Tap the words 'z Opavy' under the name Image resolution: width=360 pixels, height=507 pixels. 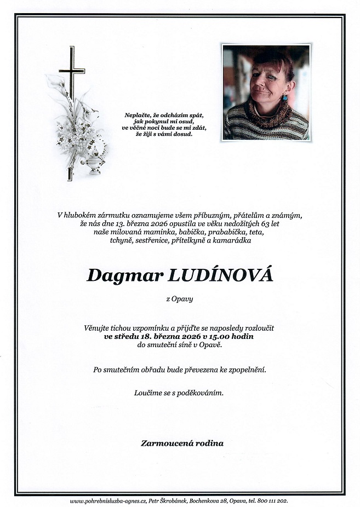180,299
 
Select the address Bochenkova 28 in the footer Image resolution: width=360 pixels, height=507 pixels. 216,501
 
